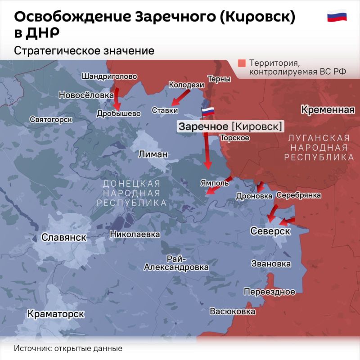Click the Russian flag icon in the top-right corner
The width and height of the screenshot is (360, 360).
tap(337, 17)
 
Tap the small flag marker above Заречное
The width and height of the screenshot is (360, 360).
tap(208, 111)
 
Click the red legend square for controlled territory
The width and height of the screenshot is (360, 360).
tap(242, 63)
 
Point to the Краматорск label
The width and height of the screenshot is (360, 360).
tap(55, 314)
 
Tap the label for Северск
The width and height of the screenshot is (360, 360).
tap(270, 230)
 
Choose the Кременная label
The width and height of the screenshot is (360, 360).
tap(328, 110)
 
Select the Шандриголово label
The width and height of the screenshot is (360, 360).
tap(109, 76)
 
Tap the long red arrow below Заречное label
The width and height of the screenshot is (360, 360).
tap(207, 151)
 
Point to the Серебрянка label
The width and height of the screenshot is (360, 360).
tap(298, 195)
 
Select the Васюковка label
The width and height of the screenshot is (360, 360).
tap(233, 311)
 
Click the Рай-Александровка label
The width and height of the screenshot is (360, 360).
tap(176, 263)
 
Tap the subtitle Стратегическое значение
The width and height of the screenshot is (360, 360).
tap(84, 51)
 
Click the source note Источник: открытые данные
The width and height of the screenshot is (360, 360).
tap(68, 348)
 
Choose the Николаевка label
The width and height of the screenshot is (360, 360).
tap(135, 234)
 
